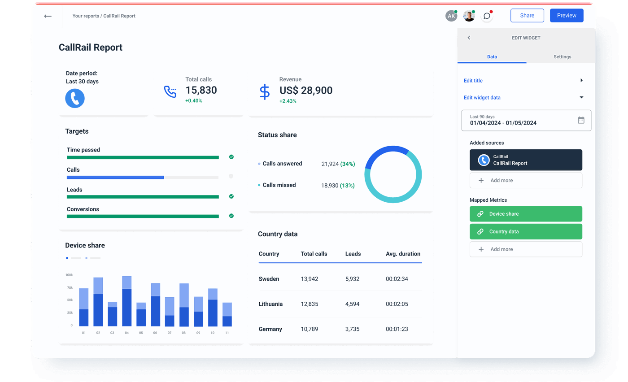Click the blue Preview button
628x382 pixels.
click(x=567, y=16)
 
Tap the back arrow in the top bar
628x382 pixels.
click(x=48, y=16)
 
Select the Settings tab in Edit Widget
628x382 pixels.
click(x=562, y=57)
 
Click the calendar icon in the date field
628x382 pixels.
click(x=581, y=120)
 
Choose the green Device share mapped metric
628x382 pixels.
click(x=526, y=214)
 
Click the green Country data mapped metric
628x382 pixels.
click(x=526, y=232)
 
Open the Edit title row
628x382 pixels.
click(x=523, y=81)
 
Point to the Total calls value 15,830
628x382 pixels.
click(x=201, y=90)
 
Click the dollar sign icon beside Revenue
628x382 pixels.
click(x=265, y=91)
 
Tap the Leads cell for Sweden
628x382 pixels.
click(x=352, y=279)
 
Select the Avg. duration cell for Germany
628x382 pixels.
click(x=397, y=329)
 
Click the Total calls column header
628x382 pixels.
click(x=314, y=254)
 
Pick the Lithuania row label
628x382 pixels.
click(x=270, y=304)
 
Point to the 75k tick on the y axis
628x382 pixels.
click(x=69, y=287)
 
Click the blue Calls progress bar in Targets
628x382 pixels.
click(x=115, y=177)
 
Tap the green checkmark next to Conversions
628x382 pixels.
click(x=231, y=216)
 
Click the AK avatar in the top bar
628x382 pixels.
click(x=451, y=16)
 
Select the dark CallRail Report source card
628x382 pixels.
click(x=526, y=160)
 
